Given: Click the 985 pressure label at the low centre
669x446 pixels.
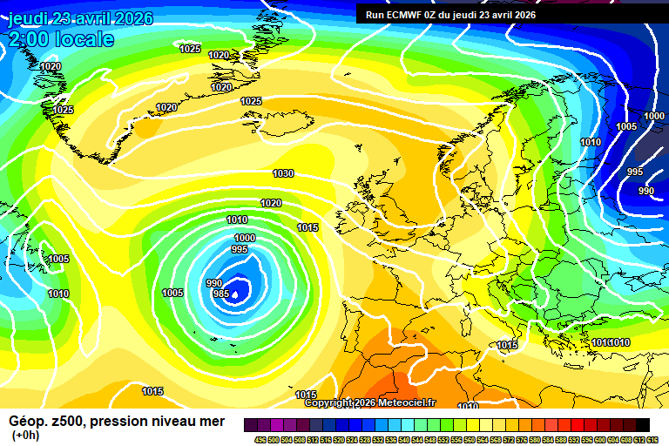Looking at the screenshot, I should point(221,294).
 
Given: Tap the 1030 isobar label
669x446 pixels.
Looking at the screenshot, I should point(283,173).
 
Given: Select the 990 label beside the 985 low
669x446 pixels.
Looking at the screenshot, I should point(213,283).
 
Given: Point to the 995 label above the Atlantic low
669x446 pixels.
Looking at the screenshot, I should point(240,249).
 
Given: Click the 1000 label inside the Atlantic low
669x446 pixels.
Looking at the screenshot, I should point(245,238).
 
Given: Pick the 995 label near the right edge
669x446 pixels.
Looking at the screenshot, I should point(635,172).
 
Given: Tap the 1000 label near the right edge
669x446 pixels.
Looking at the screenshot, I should point(654,116).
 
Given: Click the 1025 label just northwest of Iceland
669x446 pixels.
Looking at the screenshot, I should point(251,102).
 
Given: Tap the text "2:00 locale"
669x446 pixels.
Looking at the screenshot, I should point(61,39).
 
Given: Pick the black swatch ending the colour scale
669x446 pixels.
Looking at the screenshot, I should point(642,424).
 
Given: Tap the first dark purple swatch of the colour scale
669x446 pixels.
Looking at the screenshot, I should point(251,424).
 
